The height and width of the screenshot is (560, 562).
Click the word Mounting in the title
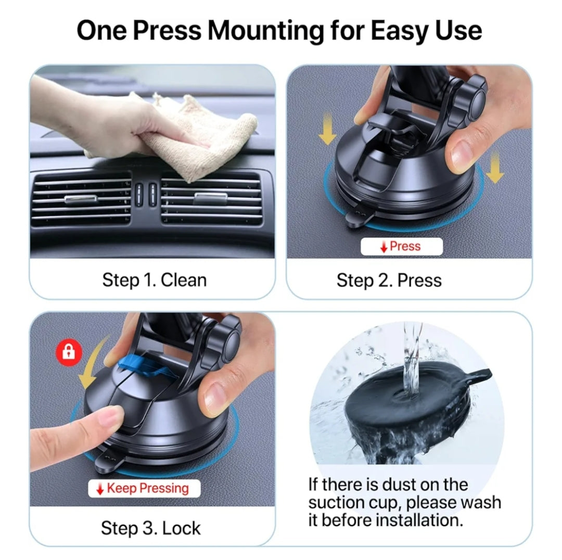click(265, 31)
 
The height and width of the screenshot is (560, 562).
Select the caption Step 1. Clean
click(155, 281)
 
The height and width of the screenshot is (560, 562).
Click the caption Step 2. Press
click(389, 281)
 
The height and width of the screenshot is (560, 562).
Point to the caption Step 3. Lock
click(151, 528)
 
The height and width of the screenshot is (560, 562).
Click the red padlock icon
click(69, 352)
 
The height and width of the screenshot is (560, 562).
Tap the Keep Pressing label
click(144, 488)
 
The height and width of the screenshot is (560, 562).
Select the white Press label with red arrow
click(401, 247)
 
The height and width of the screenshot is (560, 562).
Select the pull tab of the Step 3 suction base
click(109, 461)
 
